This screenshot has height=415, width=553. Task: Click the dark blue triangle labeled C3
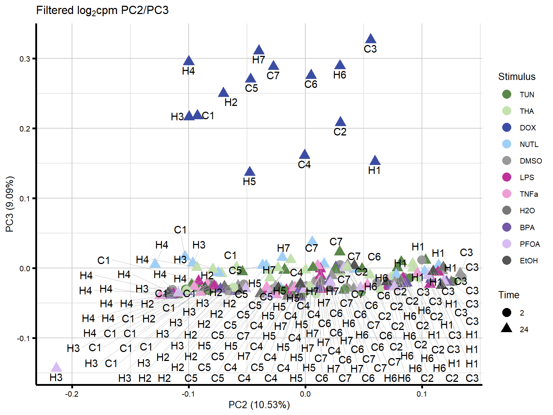[x=370, y=39]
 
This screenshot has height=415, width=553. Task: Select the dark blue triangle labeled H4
[x=189, y=61]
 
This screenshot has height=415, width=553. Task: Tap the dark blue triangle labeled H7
[x=258, y=50]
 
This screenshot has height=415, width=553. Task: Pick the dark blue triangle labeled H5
[x=249, y=172]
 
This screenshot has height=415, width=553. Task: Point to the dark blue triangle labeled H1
[x=375, y=161]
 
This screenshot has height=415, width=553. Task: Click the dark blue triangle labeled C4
[x=305, y=155]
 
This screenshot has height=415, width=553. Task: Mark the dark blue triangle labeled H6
[x=340, y=65]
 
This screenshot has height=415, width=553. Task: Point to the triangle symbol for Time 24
[x=507, y=328]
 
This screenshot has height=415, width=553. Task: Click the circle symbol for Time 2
[x=507, y=313]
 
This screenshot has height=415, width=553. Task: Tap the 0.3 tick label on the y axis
[x=25, y=59]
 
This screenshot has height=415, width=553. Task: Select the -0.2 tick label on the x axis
[x=72, y=394]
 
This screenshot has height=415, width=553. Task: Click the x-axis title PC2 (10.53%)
[x=259, y=405]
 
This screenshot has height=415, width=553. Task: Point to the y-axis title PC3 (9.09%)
[x=10, y=204]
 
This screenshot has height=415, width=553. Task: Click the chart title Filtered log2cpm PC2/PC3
[x=103, y=10]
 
